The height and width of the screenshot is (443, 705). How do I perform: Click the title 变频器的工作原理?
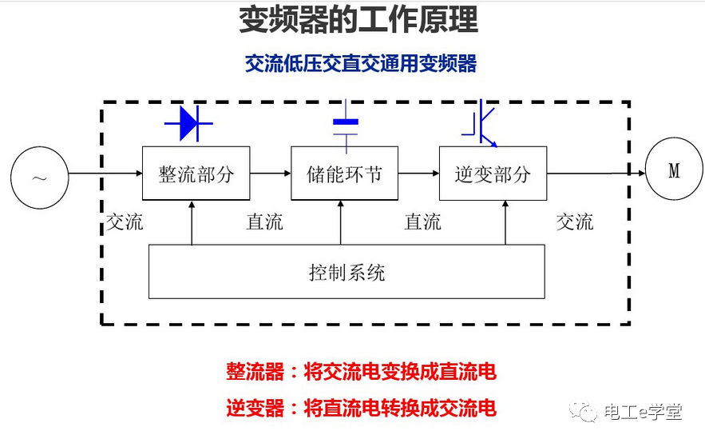point(358,21)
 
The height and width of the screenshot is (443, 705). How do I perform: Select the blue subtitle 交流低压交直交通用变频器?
point(360,64)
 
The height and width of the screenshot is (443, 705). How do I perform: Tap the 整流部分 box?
point(196,174)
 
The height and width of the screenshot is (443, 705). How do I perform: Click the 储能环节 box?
point(345,174)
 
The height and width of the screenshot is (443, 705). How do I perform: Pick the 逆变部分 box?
point(493,174)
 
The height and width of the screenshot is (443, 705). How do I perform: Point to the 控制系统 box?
point(347,273)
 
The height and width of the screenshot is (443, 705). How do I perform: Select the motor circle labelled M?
point(673,171)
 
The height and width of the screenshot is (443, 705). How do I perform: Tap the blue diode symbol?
point(188,123)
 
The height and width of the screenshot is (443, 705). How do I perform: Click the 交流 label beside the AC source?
point(125,222)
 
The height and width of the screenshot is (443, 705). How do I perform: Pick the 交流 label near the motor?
point(575,222)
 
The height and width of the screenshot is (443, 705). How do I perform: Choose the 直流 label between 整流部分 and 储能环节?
point(264,222)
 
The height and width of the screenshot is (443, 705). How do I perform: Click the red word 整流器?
point(255,372)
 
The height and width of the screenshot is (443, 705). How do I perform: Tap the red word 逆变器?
point(255,409)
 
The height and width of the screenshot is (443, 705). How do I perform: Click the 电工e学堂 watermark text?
point(643,413)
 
